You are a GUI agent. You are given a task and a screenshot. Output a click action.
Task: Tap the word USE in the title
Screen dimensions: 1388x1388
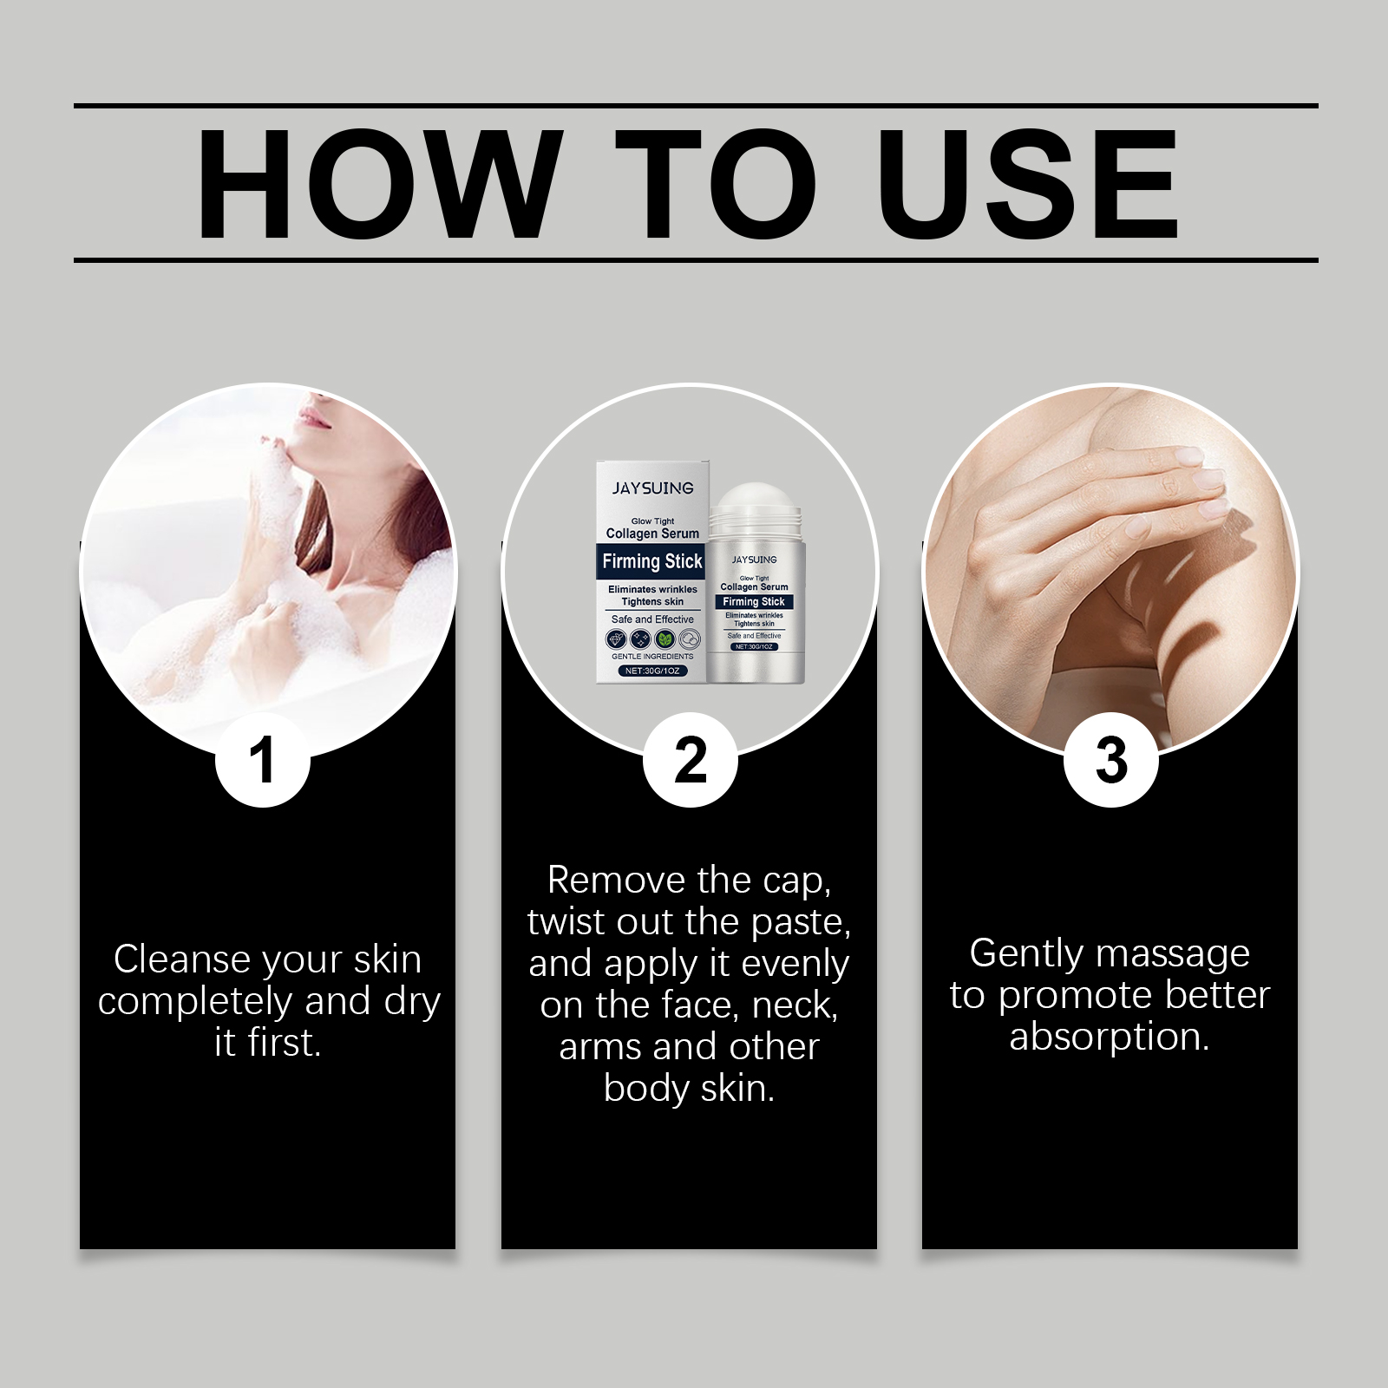pyautogui.click(x=1032, y=184)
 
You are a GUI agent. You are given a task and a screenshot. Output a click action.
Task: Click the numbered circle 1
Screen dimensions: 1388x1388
pyautogui.click(x=262, y=760)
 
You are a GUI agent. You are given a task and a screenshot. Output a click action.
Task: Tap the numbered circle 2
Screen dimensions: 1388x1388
pyautogui.click(x=690, y=760)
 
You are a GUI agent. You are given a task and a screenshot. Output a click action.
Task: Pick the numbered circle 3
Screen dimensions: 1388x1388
pyautogui.click(x=1110, y=760)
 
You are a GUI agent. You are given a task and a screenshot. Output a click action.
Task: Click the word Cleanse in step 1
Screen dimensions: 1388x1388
pyautogui.click(x=182, y=959)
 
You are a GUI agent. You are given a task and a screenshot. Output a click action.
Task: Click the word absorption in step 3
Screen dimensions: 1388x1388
pyautogui.click(x=1110, y=1038)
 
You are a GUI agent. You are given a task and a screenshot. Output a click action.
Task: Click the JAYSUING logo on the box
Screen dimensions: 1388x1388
pyautogui.click(x=652, y=488)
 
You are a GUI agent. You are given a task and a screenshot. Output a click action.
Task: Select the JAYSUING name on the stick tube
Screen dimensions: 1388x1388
pyautogui.click(x=754, y=560)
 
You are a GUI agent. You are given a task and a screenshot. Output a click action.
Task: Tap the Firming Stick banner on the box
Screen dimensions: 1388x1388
pyautogui.click(x=652, y=561)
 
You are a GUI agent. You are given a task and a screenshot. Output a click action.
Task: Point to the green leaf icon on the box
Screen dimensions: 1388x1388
pyautogui.click(x=665, y=640)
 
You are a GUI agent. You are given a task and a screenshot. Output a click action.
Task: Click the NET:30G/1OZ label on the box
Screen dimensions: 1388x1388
pyautogui.click(x=652, y=671)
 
